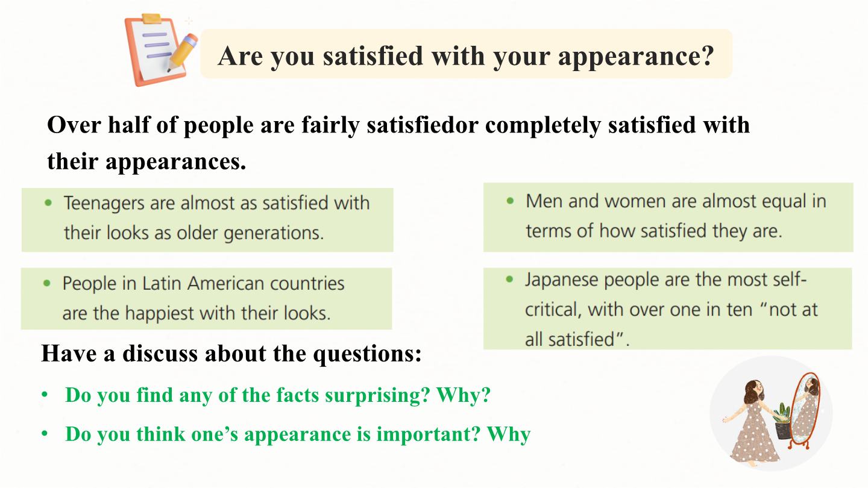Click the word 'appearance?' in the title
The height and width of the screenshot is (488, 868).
(636, 57)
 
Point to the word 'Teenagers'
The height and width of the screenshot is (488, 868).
(104, 204)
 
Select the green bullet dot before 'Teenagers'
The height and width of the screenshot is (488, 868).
(48, 202)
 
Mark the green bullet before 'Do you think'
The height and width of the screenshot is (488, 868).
(45, 433)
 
